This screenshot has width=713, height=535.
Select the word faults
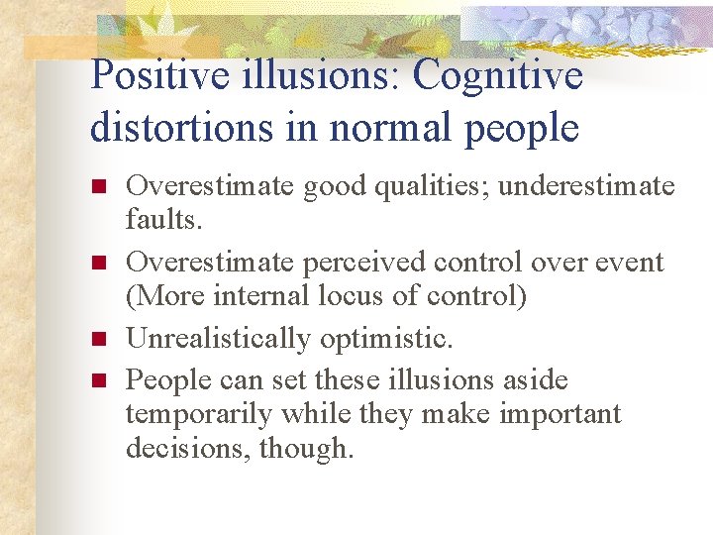163,219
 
